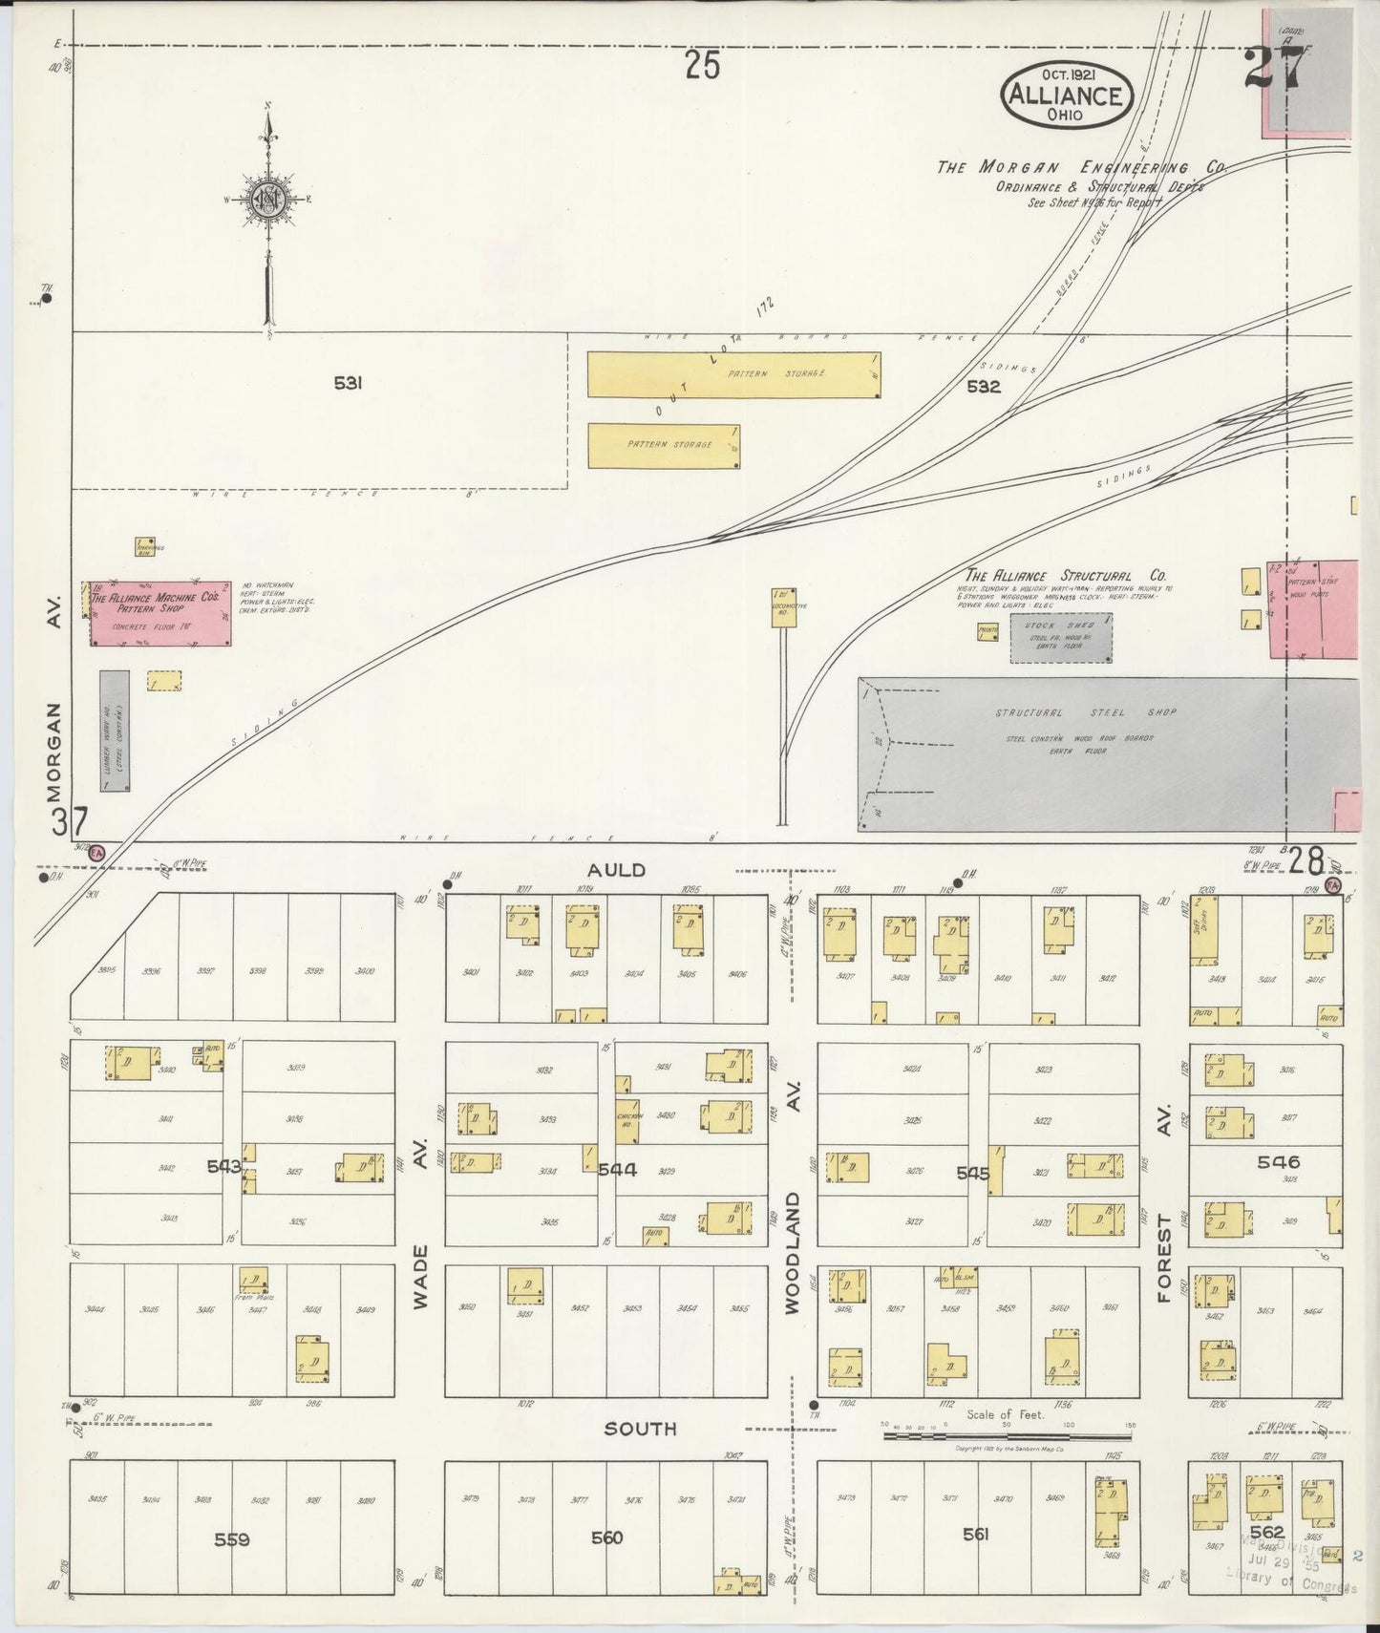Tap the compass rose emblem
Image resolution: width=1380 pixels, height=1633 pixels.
pyautogui.click(x=268, y=200)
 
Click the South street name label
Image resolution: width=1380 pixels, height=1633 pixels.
pyautogui.click(x=641, y=1429)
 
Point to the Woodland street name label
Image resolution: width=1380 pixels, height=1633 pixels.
pyautogui.click(x=792, y=1252)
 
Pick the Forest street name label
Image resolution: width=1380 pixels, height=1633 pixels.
pyautogui.click(x=1163, y=1258)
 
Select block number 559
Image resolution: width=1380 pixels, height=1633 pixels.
pyautogui.click(x=231, y=1539)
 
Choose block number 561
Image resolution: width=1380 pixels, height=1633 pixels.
pyautogui.click(x=975, y=1535)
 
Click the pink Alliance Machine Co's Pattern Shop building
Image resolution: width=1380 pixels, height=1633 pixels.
pyautogui.click(x=161, y=612)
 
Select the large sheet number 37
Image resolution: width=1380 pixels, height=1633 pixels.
pyautogui.click(x=71, y=821)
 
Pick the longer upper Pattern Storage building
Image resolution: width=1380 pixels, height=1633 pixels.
pyautogui.click(x=733, y=374)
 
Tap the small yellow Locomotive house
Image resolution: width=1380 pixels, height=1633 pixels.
pyautogui.click(x=783, y=607)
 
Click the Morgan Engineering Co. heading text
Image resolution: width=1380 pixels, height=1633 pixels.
pyautogui.click(x=1079, y=167)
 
